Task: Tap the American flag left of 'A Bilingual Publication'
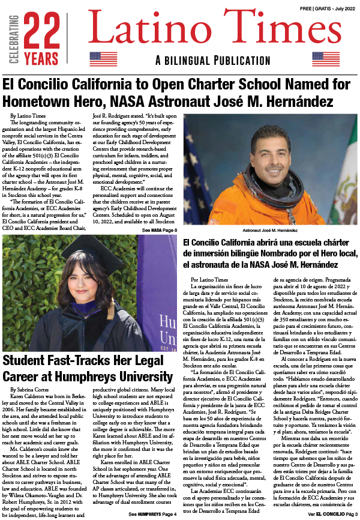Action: pos(103,58)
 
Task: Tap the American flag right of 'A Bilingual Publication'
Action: pos(326,58)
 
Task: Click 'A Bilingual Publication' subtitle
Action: pos(214,59)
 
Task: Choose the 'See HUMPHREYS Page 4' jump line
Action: pos(151,514)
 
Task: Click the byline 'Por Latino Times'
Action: pos(209,280)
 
